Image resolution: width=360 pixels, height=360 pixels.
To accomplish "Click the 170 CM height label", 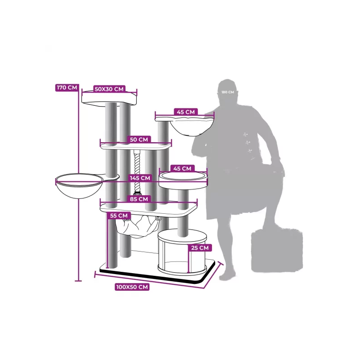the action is [67, 87].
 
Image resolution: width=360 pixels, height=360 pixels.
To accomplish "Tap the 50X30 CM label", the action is [109, 89].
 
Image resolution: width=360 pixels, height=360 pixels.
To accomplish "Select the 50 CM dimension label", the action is [139, 139].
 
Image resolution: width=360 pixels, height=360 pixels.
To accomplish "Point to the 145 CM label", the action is [140, 178].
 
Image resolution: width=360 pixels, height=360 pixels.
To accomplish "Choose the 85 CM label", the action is [139, 199].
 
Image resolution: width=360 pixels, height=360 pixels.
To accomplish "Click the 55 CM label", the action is [119, 216].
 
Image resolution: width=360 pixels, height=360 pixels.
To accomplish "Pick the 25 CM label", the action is [200, 248].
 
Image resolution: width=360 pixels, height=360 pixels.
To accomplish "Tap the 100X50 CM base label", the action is [132, 287].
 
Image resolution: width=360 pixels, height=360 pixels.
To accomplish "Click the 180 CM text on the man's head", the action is [228, 92].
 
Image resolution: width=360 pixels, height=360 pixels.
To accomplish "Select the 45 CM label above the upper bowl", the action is [186, 112].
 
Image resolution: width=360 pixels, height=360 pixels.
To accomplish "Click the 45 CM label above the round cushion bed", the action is [182, 168].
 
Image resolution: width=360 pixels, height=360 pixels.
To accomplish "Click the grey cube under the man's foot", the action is [277, 250].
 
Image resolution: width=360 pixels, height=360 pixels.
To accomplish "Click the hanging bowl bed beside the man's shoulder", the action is [192, 127].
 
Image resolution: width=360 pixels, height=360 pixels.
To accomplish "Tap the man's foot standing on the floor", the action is [227, 275].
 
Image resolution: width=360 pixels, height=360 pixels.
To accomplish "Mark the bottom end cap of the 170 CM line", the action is [78, 280].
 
